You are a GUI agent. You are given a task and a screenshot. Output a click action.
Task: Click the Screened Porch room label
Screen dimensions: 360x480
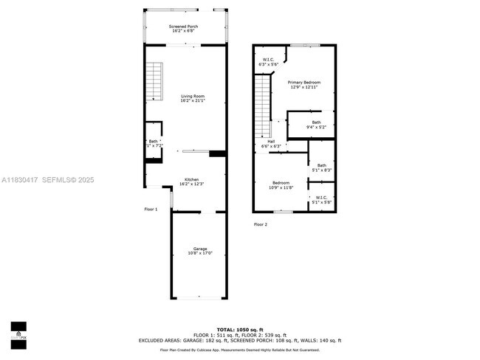point(183,29)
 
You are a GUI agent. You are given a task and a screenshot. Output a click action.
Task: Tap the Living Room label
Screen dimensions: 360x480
point(192,98)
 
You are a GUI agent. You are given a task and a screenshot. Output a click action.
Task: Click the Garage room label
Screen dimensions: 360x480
point(200,251)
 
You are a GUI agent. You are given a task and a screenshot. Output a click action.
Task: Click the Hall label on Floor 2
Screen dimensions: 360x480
point(271,143)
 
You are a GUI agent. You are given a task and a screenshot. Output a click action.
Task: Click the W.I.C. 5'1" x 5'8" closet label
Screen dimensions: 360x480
point(321,199)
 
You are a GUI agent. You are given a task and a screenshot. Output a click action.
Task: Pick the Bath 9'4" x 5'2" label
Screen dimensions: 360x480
point(316,125)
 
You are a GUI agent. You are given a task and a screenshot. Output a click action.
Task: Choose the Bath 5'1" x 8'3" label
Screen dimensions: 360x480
point(321,167)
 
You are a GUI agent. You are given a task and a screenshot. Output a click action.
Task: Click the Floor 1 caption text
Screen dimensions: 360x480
point(151,210)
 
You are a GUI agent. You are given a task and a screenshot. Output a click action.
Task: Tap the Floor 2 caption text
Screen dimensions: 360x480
point(260,224)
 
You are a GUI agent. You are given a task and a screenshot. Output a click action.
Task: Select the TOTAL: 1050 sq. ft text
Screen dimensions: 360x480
point(240,329)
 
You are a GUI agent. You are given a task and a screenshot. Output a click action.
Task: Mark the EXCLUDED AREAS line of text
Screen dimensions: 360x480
point(240,341)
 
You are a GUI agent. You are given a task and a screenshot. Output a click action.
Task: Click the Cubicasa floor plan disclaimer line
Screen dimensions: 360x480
point(240,352)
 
